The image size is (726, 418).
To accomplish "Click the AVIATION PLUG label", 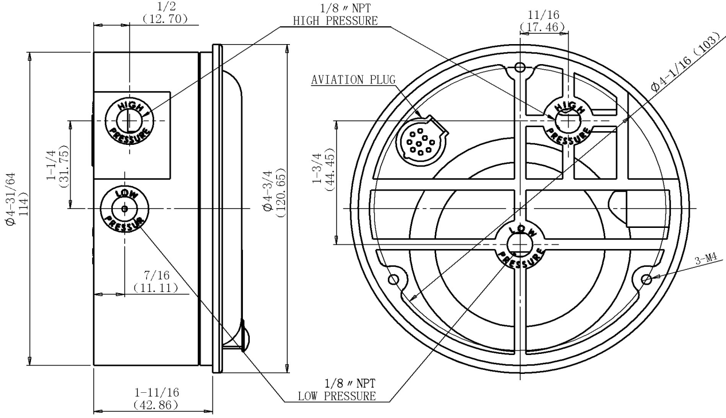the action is (x=354, y=80).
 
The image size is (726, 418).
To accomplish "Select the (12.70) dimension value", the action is (x=165, y=19).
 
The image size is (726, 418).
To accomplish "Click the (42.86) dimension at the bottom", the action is (x=156, y=405).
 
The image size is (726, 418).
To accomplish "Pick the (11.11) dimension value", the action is (x=156, y=287).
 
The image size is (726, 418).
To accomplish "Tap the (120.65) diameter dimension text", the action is (x=281, y=193).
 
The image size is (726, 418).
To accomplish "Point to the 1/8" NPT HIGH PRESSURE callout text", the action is (x=335, y=14).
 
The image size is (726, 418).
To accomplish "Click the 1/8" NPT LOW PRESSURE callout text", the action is (x=337, y=390).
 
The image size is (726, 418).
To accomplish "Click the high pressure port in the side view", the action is (x=129, y=121).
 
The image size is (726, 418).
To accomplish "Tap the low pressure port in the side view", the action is (x=124, y=208).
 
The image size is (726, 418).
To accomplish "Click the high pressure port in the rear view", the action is (x=568, y=120).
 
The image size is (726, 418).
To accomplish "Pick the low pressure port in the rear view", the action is (x=520, y=245).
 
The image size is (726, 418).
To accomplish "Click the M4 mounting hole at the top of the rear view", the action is (x=520, y=68).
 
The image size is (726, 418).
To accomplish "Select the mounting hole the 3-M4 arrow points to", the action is (x=646, y=279).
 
